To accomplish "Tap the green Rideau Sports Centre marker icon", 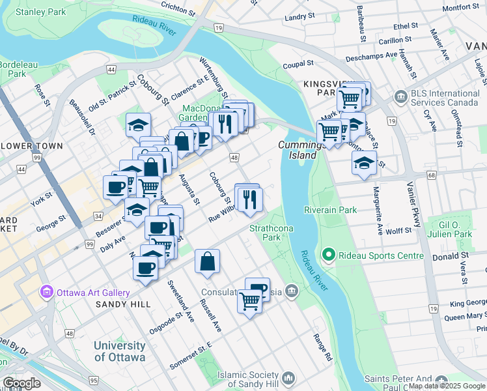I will click(328, 255).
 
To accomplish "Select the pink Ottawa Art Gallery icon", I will click(46, 291).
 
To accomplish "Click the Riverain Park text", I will click(330, 210).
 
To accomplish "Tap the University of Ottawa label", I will click(119, 351).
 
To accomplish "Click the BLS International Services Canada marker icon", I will click(398, 98).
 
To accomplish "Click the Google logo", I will click(21, 383).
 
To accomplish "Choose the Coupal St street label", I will click(299, 65).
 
